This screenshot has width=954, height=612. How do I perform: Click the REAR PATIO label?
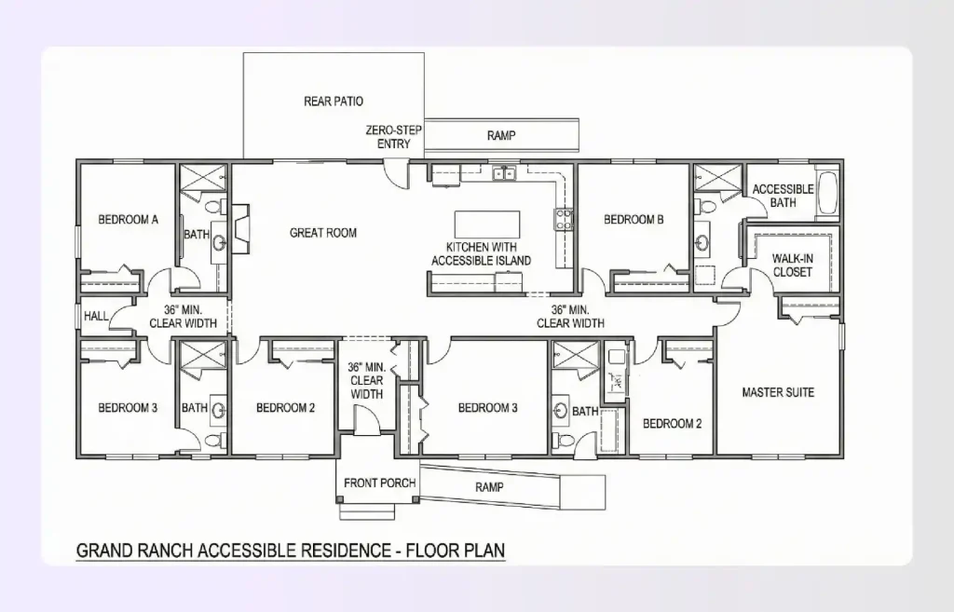coord(333,102)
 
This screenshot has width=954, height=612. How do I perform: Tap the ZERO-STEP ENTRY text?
coord(393,138)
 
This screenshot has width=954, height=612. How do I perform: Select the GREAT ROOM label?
coord(322,233)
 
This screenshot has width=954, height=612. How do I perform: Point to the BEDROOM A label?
coord(128,220)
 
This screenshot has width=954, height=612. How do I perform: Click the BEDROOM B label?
coord(634,220)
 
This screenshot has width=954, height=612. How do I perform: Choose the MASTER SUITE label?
coord(777,392)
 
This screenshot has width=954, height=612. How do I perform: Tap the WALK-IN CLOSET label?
coord(792,265)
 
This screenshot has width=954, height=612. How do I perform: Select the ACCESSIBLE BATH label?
coord(783,196)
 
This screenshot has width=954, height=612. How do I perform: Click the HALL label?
coord(96,317)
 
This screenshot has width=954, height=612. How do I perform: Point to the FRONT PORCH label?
coord(379,483)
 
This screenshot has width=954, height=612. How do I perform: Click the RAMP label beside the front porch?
coord(489,487)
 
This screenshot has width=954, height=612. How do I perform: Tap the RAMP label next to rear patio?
coord(501,136)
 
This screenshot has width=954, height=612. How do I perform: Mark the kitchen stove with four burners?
coord(564,219)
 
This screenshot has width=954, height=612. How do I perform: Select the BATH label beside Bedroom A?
coord(196,235)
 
